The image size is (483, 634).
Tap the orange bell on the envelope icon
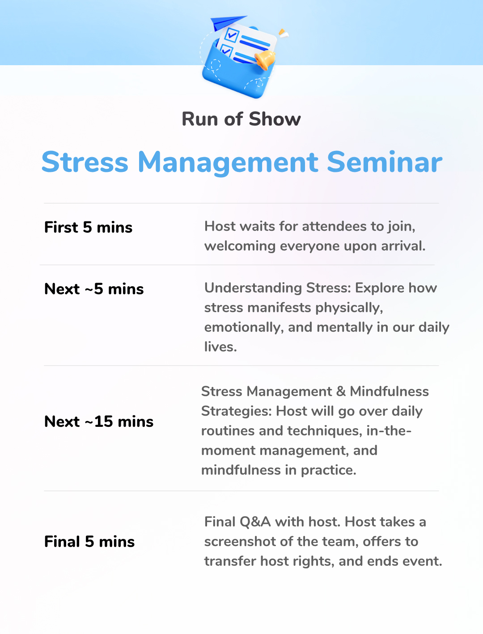pyautogui.click(x=265, y=60)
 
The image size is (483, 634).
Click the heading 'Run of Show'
pyautogui.click(x=241, y=119)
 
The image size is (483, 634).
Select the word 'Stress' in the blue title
pyautogui.click(x=85, y=162)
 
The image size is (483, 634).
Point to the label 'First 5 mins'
pyautogui.click(x=88, y=227)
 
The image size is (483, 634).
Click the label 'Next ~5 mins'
pyautogui.click(x=94, y=288)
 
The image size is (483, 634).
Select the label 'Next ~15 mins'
pyautogui.click(x=99, y=421)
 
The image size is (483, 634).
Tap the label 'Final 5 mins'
pyautogui.click(x=89, y=541)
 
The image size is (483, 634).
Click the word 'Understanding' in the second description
pyautogui.click(x=253, y=288)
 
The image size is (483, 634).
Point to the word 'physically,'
pyautogui.click(x=349, y=308)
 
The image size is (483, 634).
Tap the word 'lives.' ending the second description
pyautogui.click(x=220, y=346)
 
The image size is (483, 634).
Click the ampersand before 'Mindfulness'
pyautogui.click(x=341, y=392)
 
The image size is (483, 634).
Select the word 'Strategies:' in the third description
pyautogui.click(x=236, y=412)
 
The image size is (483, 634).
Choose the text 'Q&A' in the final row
pyautogui.click(x=255, y=522)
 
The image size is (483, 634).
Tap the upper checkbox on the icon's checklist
pyautogui.click(x=231, y=35)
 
